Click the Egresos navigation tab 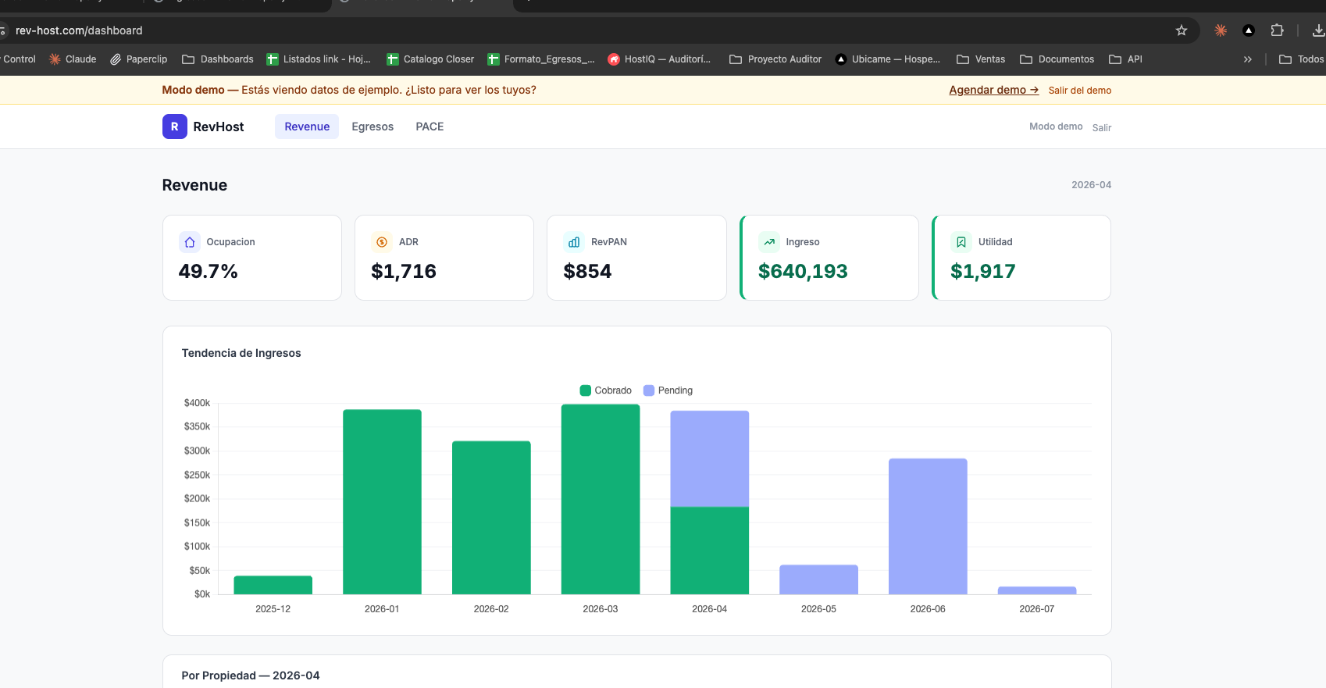372,127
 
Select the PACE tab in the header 430,127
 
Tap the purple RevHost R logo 174,127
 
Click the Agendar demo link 993,90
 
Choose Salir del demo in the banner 1079,91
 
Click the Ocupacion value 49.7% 208,271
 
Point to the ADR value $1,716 404,271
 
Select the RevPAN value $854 587,271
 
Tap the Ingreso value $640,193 803,271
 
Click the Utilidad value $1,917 982,271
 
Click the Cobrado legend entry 606,390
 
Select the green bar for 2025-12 273,585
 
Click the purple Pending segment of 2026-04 709,459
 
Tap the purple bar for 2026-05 818,579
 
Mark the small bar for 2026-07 1036,590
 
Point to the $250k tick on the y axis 197,475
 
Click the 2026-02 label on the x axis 491,609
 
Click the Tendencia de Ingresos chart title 241,353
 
